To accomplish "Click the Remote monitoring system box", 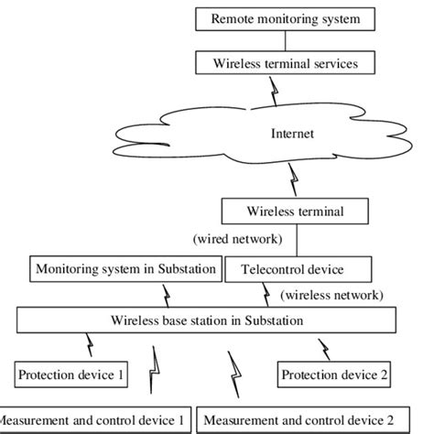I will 286,18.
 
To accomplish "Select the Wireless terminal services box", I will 286,63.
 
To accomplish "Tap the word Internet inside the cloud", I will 292,134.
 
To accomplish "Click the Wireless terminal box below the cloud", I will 294,212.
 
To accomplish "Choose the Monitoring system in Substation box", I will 126,269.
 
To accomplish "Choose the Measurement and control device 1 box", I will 94,419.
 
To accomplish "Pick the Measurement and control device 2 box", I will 298,419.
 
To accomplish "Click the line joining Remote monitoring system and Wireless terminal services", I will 286,41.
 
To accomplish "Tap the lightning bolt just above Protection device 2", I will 323,348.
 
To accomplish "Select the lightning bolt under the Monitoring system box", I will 165,295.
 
